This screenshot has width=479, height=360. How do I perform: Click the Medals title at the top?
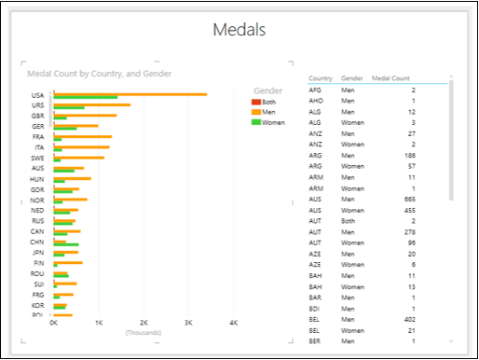coord(239,30)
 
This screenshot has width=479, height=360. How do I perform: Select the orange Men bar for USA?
coord(130,93)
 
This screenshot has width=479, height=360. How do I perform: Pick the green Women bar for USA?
coord(86,97)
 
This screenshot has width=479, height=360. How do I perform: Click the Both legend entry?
coord(268,102)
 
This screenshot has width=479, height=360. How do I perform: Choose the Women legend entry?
coord(272,122)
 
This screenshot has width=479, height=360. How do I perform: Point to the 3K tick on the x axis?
coord(188,323)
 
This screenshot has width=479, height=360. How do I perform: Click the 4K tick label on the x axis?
coord(234,323)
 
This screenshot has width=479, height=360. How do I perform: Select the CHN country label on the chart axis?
coord(37,242)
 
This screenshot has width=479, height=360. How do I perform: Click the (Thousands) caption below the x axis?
coord(144,332)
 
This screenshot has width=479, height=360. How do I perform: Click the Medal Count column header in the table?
coord(391,78)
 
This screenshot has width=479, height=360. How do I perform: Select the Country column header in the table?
coord(322,78)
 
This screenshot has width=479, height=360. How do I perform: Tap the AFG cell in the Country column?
coord(316,90)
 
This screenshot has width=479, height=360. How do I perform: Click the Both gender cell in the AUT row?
coord(349,221)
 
